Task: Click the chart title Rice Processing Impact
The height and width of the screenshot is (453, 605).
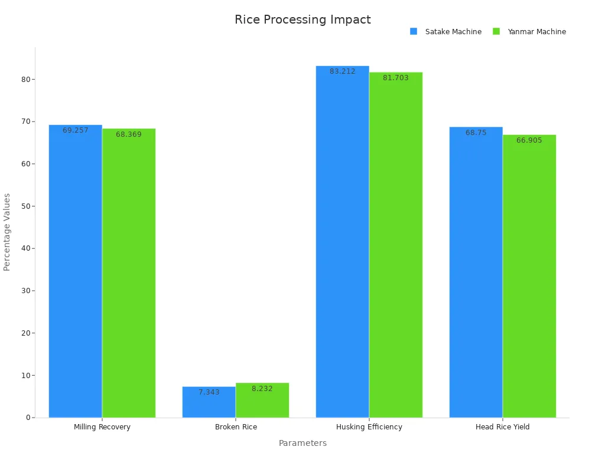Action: (302, 19)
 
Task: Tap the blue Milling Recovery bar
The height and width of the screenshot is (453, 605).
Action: (75, 271)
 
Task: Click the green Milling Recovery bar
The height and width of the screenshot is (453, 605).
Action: (129, 273)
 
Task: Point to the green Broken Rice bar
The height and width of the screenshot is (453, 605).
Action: (262, 401)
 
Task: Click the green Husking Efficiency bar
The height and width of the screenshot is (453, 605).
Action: (396, 245)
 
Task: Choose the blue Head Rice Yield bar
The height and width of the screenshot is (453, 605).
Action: (476, 272)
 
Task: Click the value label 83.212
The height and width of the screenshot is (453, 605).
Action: (343, 71)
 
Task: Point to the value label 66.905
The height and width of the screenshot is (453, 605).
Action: (529, 140)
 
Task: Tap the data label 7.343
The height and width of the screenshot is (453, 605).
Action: (209, 392)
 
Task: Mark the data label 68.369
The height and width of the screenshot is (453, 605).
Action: (129, 134)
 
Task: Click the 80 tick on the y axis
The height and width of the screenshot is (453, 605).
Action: (25, 79)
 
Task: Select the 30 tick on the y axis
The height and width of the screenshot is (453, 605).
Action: (25, 291)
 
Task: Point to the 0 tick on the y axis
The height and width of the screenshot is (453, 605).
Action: (28, 418)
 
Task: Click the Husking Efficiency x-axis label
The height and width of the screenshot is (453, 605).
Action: (369, 427)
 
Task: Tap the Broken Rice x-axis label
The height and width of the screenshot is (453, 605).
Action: (236, 427)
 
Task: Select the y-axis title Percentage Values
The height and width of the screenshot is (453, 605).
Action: (7, 232)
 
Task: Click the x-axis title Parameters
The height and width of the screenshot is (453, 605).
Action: (302, 443)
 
